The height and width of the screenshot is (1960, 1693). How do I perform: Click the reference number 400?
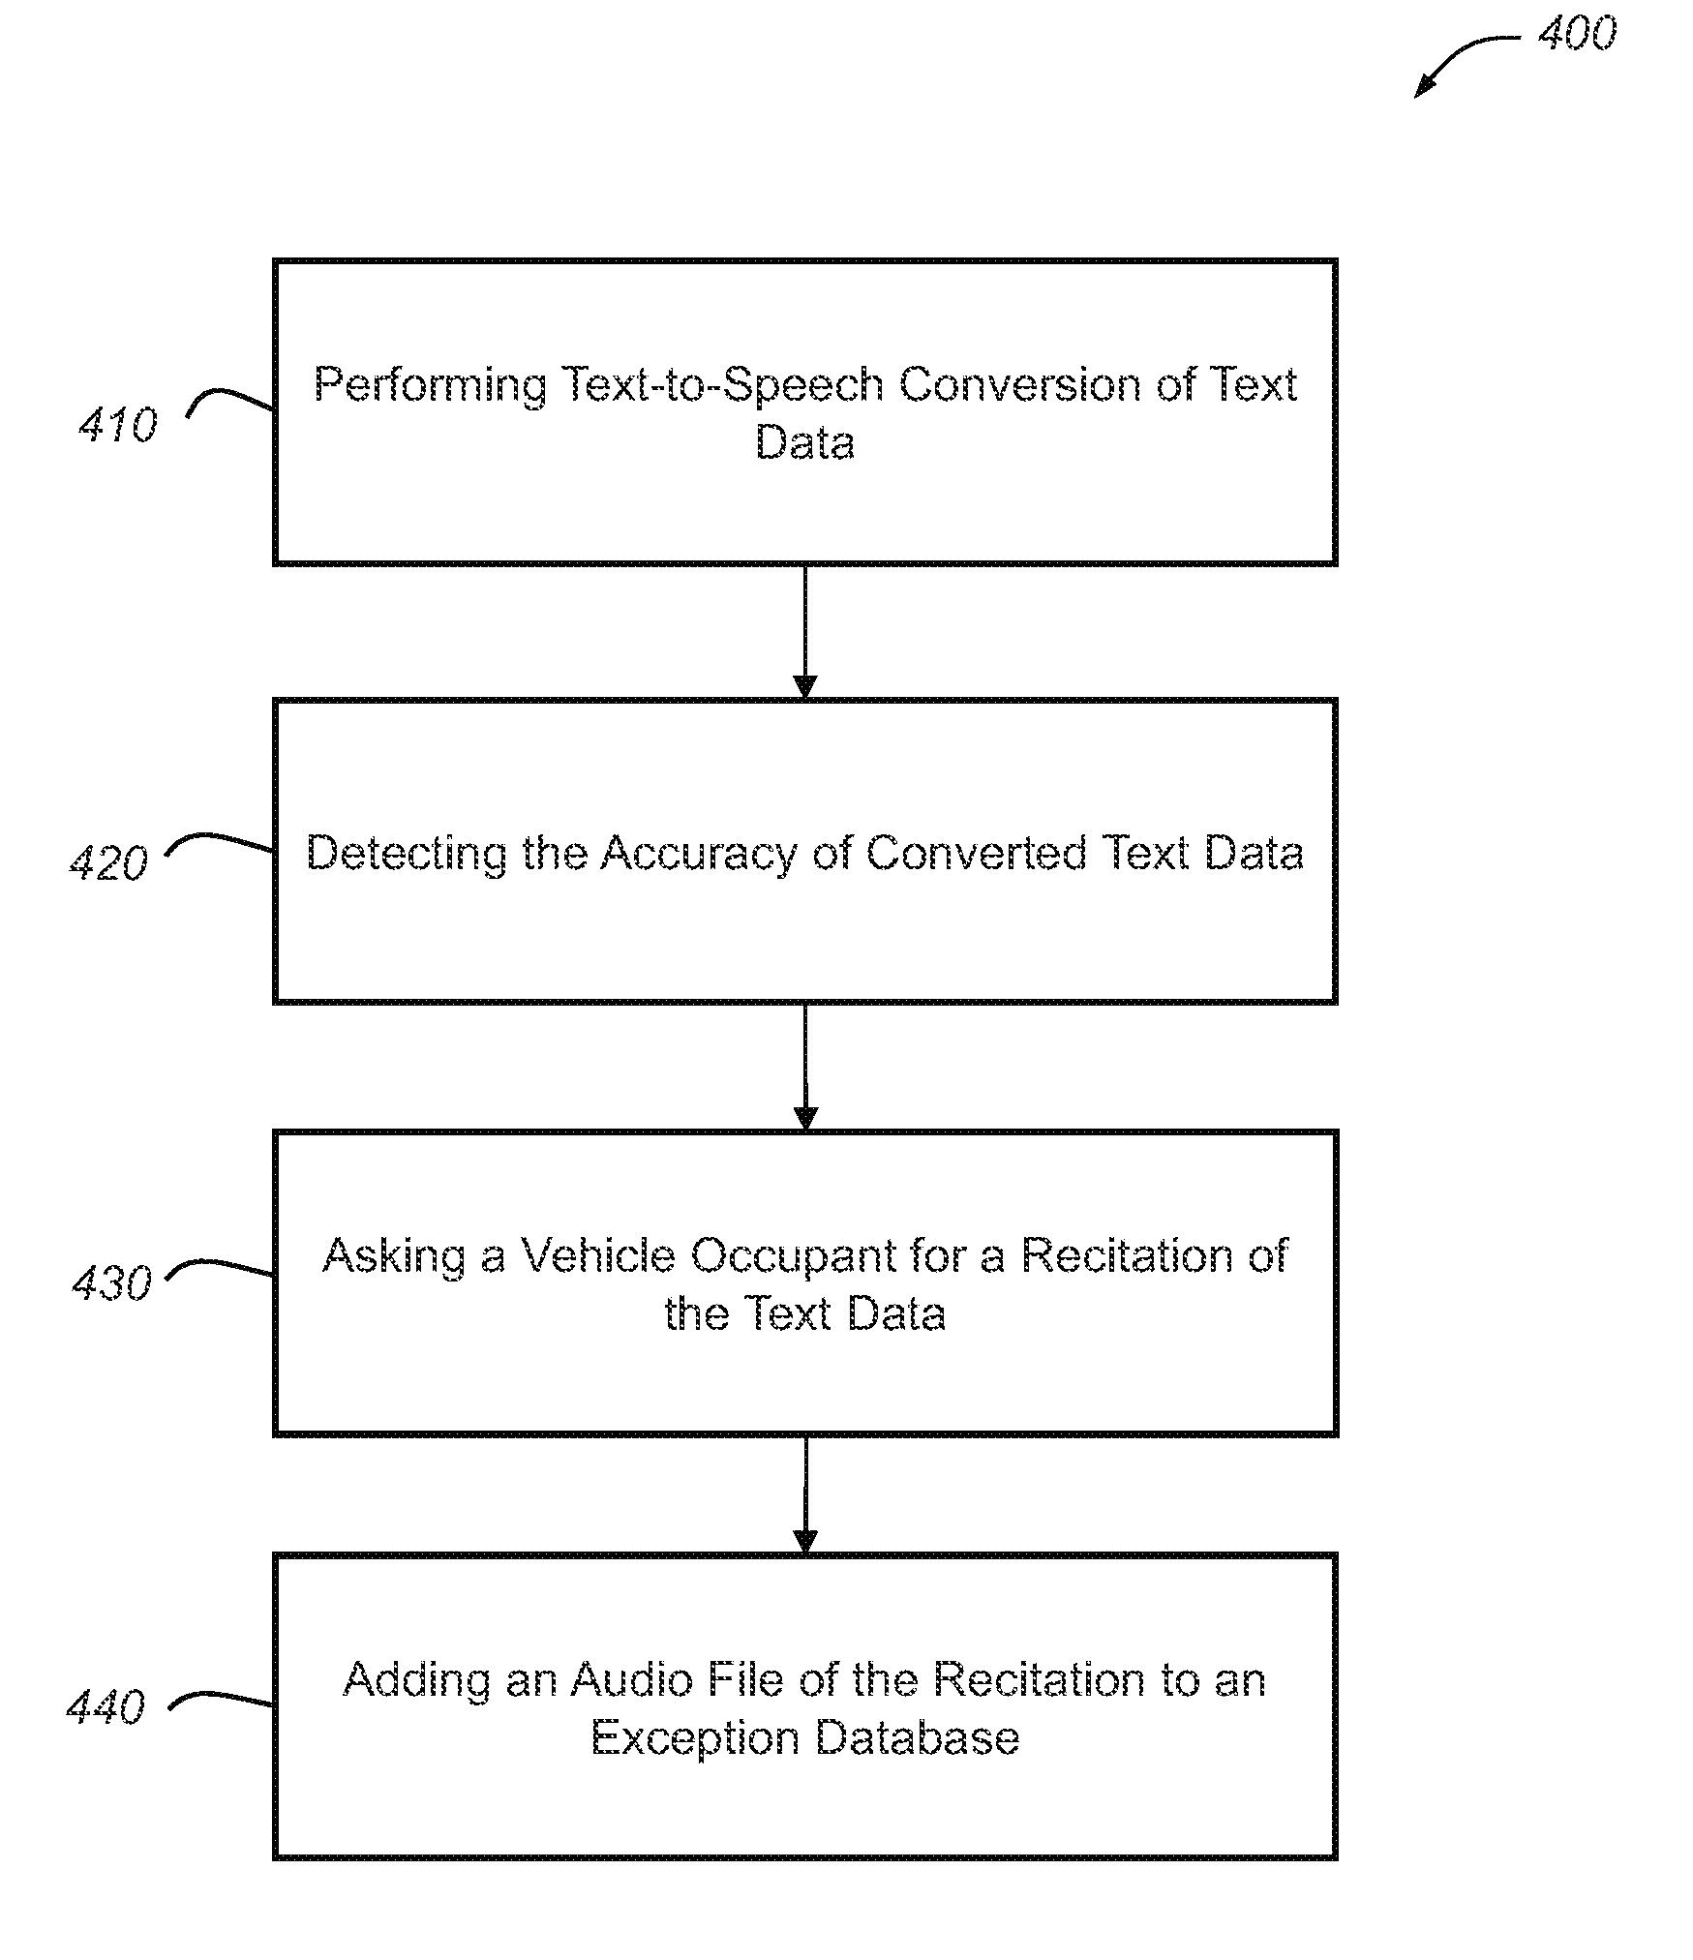click(1577, 34)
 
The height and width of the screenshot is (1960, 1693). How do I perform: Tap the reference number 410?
click(118, 425)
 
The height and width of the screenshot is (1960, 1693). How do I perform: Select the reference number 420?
click(109, 862)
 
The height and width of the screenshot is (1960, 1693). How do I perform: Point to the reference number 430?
click(112, 1283)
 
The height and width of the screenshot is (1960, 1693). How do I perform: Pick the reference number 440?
click(106, 1706)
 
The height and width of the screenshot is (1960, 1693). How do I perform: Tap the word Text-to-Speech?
click(722, 386)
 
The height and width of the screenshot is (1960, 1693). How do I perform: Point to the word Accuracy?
click(698, 855)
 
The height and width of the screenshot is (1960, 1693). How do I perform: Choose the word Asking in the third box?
click(394, 1257)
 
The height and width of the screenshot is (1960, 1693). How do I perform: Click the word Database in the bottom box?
click(917, 1737)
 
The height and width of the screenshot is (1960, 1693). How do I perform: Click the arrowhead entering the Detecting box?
click(804, 686)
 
